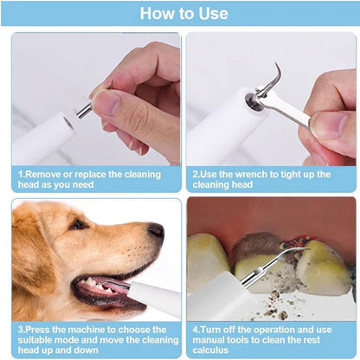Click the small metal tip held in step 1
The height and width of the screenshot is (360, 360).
point(86,109)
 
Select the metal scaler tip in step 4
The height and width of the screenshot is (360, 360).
point(273,260)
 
